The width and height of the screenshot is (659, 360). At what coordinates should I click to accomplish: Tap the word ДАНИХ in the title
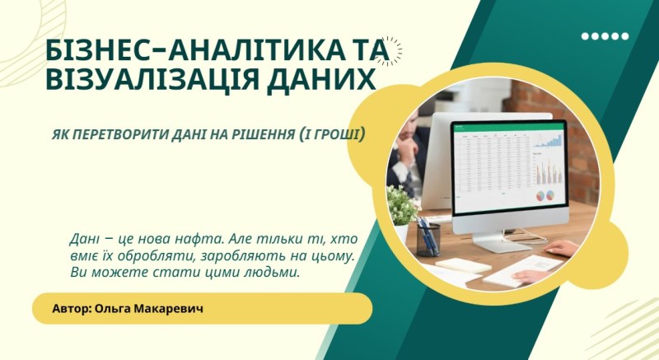coord(325,81)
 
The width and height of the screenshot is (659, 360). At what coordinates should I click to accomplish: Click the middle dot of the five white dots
coord(605,36)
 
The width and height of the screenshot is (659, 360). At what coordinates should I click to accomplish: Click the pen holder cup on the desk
coord(428,238)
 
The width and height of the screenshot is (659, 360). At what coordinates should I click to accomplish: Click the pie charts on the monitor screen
coord(545,196)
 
